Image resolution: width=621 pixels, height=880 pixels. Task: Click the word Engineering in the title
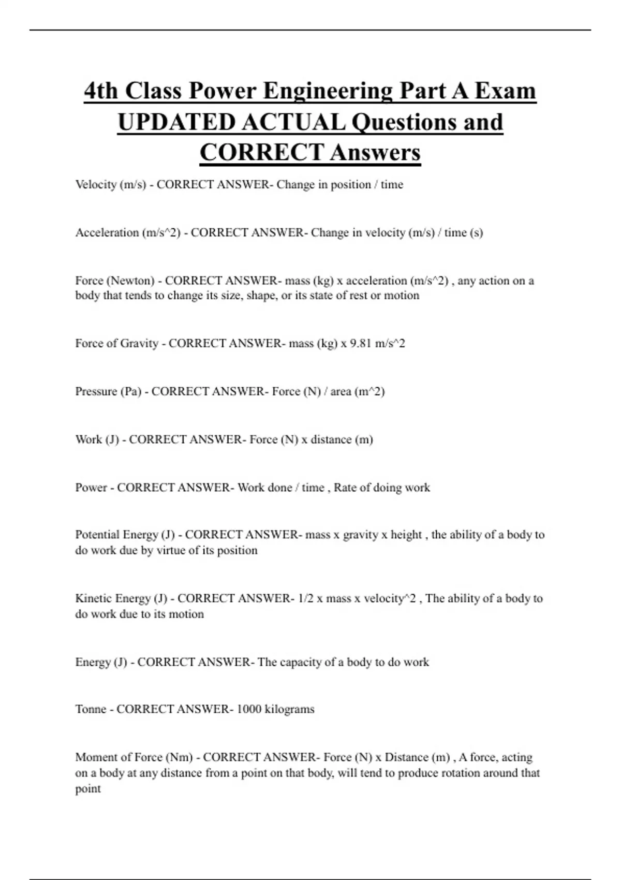(327, 91)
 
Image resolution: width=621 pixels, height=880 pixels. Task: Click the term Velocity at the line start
(96, 185)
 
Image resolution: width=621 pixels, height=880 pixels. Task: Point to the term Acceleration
(107, 233)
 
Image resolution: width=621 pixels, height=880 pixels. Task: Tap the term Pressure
(96, 391)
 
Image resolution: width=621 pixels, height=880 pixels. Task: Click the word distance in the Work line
(331, 439)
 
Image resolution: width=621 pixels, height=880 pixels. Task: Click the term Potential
(97, 535)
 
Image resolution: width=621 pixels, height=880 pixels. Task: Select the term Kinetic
(93, 598)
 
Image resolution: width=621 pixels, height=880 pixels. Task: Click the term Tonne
(91, 709)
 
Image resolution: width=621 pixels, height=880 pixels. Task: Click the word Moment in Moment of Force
(96, 757)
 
